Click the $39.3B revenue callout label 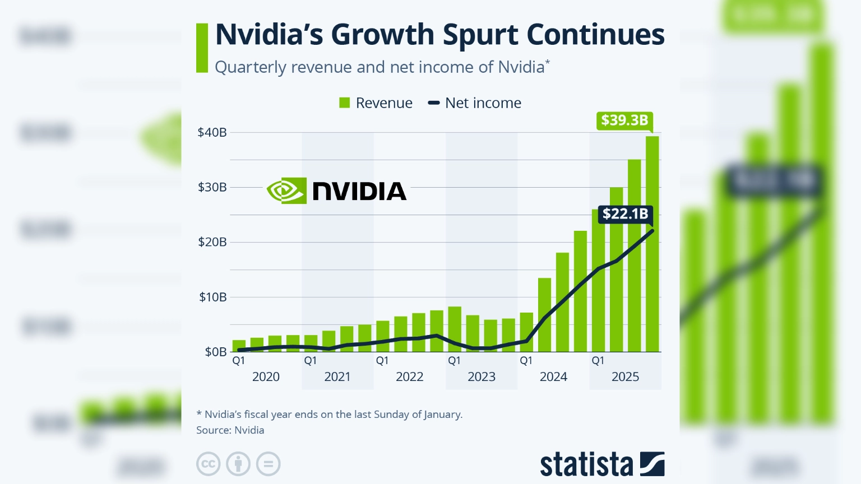(624, 120)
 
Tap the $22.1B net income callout (625, 214)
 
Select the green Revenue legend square (345, 103)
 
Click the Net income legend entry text (483, 103)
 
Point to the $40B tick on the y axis (212, 133)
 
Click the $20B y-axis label (212, 242)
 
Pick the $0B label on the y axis (216, 352)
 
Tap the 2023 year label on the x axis (482, 377)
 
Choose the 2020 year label (266, 377)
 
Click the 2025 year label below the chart (625, 377)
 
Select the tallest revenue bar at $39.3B (652, 244)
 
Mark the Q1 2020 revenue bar (239, 346)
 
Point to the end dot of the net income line (652, 231)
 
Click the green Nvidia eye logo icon (286, 191)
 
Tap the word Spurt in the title (480, 35)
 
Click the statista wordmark (586, 465)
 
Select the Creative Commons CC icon (208, 464)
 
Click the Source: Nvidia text (230, 430)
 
